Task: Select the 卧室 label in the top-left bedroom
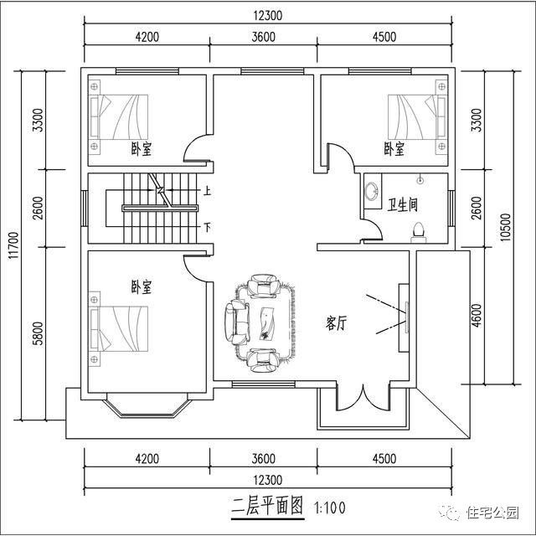pos(142,149)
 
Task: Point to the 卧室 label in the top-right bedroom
pos(394,149)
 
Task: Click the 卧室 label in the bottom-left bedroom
pos(142,286)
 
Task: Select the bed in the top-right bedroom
pos(416,116)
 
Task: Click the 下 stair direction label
pos(207,226)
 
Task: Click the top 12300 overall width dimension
pos(269,15)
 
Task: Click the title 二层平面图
pos(267,507)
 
